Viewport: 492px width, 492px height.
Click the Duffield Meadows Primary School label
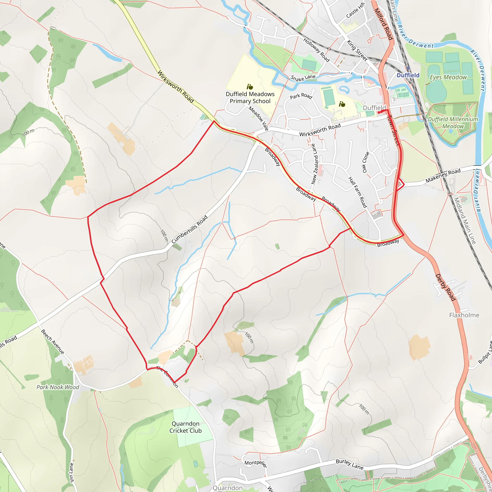250,98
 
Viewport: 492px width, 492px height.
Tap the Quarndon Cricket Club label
185,427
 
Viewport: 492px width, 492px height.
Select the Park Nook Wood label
58,387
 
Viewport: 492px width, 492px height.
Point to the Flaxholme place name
464,315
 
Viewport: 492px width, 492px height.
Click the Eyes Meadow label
448,77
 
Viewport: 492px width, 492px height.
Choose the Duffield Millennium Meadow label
453,123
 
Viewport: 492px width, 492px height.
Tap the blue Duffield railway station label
408,75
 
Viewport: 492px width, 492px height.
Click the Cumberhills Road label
190,229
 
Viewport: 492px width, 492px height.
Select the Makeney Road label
443,175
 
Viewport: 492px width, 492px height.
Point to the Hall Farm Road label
357,192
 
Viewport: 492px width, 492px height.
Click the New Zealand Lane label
315,164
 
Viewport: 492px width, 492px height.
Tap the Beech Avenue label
53,342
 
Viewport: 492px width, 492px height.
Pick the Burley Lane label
349,464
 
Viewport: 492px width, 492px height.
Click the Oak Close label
366,162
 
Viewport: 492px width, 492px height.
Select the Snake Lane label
303,78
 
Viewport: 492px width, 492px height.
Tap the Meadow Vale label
258,118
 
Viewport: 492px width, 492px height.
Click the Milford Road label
383,24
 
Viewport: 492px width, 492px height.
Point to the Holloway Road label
317,50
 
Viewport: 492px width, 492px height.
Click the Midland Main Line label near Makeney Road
465,221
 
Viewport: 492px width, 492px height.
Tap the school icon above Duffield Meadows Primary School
250,87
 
